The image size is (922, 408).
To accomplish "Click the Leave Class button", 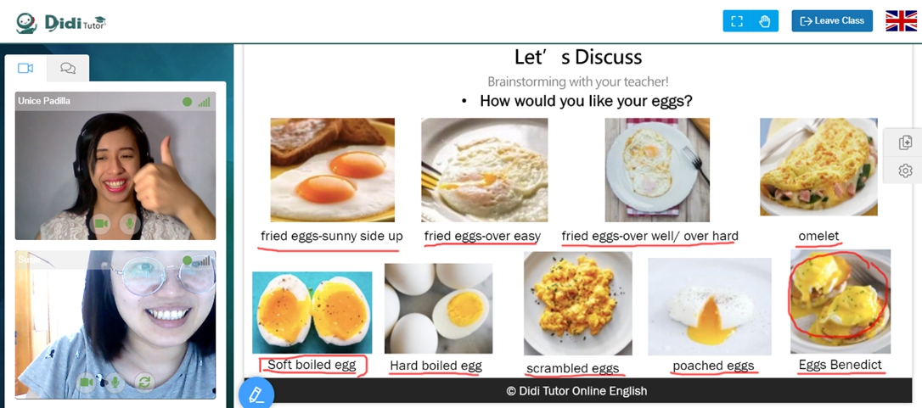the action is [x=832, y=20].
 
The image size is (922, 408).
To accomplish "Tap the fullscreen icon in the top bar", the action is [x=737, y=21].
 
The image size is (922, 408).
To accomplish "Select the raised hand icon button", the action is [x=764, y=21].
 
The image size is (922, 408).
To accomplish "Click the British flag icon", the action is [x=901, y=20].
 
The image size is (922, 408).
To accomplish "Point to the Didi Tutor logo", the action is [x=61, y=22].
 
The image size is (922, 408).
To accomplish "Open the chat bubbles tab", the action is [x=68, y=68].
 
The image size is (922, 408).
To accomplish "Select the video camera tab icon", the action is [x=25, y=68].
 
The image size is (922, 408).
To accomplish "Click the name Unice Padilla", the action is [x=44, y=101].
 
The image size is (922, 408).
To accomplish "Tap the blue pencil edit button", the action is [x=256, y=394].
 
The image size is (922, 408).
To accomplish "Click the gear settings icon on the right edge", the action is [x=906, y=170].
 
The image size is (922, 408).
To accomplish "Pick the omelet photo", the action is [x=818, y=167].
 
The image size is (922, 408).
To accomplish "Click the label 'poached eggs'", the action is [x=713, y=366].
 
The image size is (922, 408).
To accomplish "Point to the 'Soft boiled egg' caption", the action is [x=312, y=365].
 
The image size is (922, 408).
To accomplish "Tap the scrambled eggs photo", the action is [x=578, y=304].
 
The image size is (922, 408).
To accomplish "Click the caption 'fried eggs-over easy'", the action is [x=482, y=237].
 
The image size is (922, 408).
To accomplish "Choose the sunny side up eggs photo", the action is [x=332, y=170].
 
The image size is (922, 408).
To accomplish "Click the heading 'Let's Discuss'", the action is [x=578, y=57].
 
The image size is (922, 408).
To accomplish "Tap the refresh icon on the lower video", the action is [x=144, y=383].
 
